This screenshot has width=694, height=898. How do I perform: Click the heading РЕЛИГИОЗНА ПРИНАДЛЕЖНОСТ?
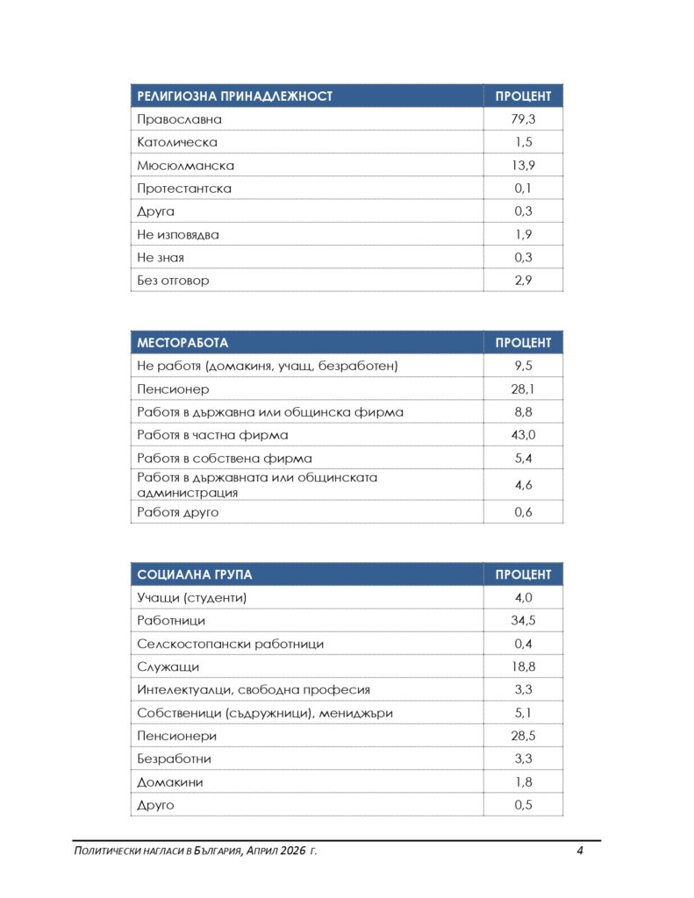pos(234,96)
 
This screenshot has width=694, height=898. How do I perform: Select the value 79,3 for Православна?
pos(523,119)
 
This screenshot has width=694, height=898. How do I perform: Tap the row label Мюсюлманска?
pos(185,165)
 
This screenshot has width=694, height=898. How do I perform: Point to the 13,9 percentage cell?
pos(523,165)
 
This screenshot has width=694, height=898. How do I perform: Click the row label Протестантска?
pos(184,189)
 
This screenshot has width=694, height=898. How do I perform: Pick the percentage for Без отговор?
pos(523,281)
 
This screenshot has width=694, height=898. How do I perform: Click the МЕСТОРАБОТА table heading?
pos(182,343)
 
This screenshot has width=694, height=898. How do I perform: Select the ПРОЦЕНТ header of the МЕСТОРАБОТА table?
pos(523,343)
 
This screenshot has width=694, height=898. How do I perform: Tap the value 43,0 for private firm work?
pos(523,435)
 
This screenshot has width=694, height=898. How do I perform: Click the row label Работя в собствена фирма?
pos(224,458)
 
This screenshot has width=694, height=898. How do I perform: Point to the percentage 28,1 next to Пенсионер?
pos(523,388)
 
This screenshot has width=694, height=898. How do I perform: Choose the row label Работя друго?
pos(177,512)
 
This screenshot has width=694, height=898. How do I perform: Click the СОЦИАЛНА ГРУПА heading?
pos(194,574)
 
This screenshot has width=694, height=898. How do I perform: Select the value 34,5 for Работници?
pos(523,621)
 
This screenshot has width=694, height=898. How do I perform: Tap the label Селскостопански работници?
pos(230,644)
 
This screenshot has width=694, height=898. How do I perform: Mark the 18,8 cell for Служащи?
pos(523,666)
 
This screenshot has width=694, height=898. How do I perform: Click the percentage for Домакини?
pos(523,782)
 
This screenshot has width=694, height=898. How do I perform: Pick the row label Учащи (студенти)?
pos(192,598)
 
